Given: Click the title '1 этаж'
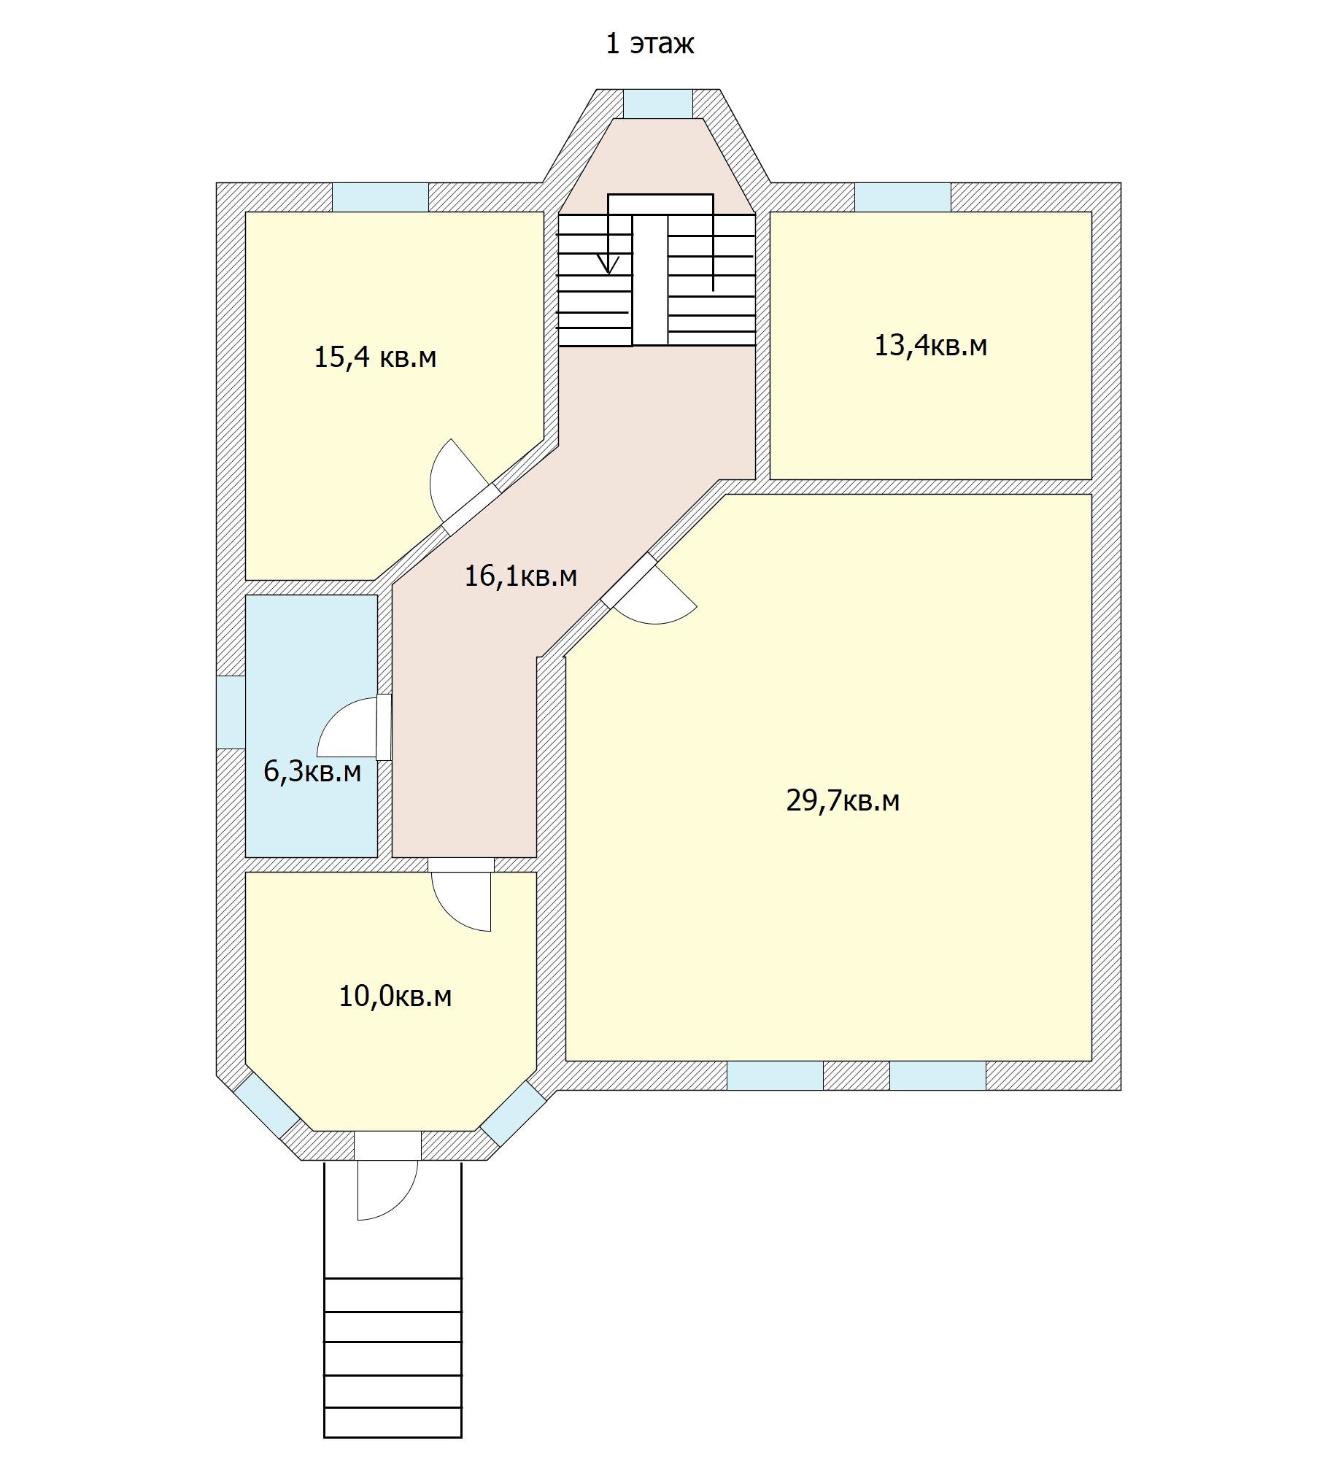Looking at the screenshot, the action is point(649,44).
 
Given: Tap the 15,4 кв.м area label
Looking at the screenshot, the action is point(375,357).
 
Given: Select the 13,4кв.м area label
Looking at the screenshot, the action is point(931,345).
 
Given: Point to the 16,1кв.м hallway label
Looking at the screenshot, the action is point(521,576).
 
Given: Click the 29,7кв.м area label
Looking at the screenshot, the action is point(843,801).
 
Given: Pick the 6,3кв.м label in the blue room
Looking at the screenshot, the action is point(312,771).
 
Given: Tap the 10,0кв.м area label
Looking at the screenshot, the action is point(395,996).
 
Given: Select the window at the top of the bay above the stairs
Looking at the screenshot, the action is point(657,104).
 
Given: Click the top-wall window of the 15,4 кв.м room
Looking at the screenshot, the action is point(380,197).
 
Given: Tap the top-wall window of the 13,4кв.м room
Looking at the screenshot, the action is point(903,197).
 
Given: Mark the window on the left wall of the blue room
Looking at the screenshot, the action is point(231,712).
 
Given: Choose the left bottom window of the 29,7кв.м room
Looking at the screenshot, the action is point(775,1075).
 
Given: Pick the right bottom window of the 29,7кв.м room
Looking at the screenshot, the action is point(938,1075).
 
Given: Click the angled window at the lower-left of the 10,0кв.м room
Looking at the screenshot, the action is point(266,1105).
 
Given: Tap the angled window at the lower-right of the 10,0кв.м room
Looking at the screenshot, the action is point(513,1113).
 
